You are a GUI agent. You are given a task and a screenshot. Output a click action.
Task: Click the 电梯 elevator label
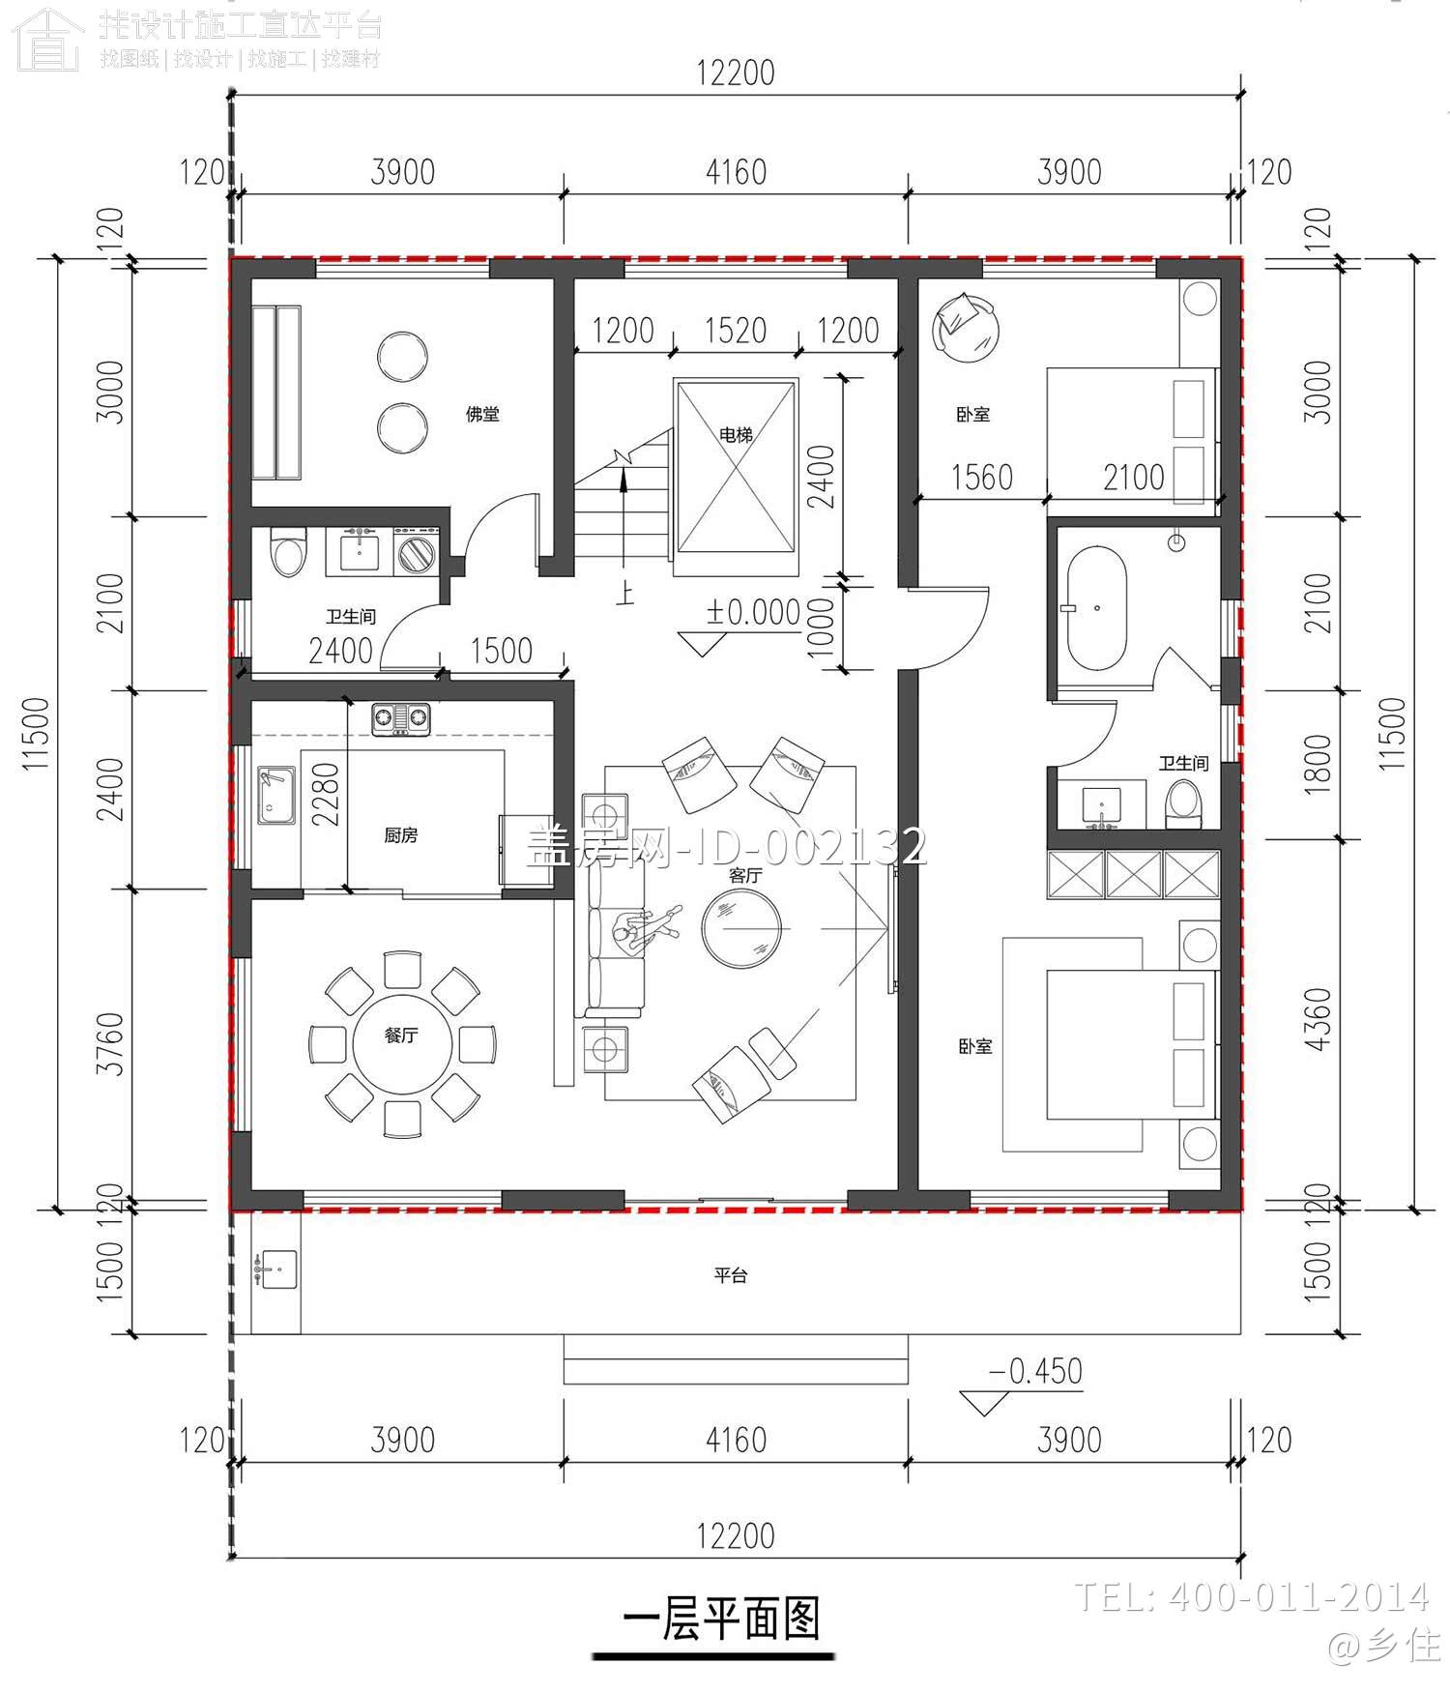(x=736, y=435)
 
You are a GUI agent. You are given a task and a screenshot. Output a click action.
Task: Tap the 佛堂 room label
(x=482, y=414)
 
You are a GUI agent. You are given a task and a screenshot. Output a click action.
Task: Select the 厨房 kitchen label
(x=400, y=834)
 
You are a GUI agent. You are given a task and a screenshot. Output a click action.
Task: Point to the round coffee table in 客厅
(x=740, y=928)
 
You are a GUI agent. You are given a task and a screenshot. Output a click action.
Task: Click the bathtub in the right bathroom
(x=1096, y=608)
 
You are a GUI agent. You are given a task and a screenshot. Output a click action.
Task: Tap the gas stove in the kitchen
(x=400, y=718)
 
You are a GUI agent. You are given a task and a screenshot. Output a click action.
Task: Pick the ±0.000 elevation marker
(x=753, y=613)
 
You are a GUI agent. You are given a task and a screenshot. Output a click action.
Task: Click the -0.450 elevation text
(x=1035, y=1371)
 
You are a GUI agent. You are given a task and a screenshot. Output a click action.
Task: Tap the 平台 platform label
(x=731, y=1275)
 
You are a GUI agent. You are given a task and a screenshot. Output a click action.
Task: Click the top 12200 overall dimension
(x=736, y=73)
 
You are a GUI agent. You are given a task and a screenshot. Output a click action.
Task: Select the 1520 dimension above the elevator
(x=736, y=331)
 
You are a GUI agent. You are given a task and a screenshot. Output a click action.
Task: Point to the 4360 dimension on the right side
(x=1318, y=1020)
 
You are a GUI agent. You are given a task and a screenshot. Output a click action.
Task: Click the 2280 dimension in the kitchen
(x=326, y=795)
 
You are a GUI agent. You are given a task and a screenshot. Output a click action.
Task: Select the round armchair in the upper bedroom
(x=964, y=326)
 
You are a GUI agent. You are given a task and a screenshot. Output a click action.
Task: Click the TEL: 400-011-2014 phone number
(x=1252, y=1596)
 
